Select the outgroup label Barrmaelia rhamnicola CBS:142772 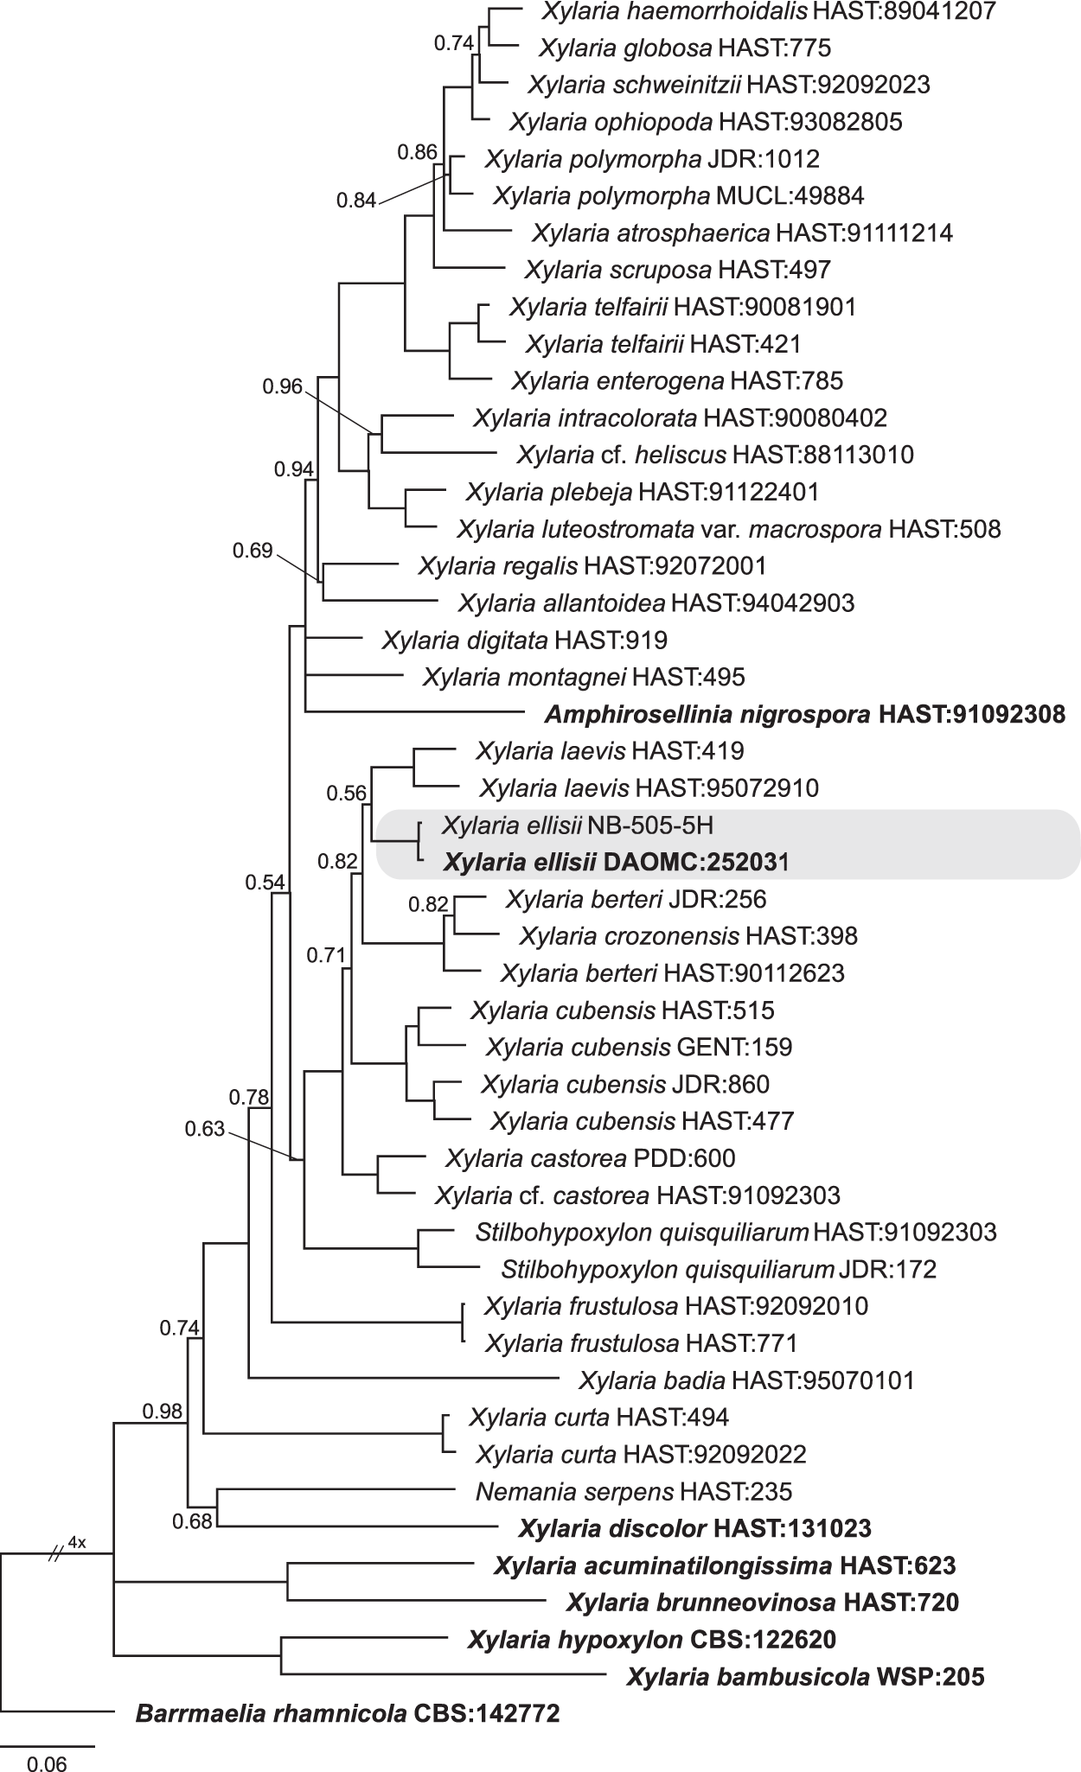click(x=348, y=1712)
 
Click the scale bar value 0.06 click(x=47, y=1759)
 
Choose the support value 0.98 click(x=163, y=1412)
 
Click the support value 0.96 click(x=283, y=386)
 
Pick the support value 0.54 click(x=264, y=882)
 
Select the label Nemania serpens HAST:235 click(x=633, y=1491)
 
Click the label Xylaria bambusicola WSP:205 click(x=805, y=1677)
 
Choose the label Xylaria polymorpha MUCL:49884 click(x=678, y=195)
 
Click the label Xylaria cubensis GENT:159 click(x=638, y=1047)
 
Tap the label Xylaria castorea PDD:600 click(x=590, y=1157)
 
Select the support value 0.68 click(x=191, y=1520)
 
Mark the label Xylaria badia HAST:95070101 click(x=746, y=1380)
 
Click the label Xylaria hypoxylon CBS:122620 click(x=651, y=1639)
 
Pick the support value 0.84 click(x=356, y=201)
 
